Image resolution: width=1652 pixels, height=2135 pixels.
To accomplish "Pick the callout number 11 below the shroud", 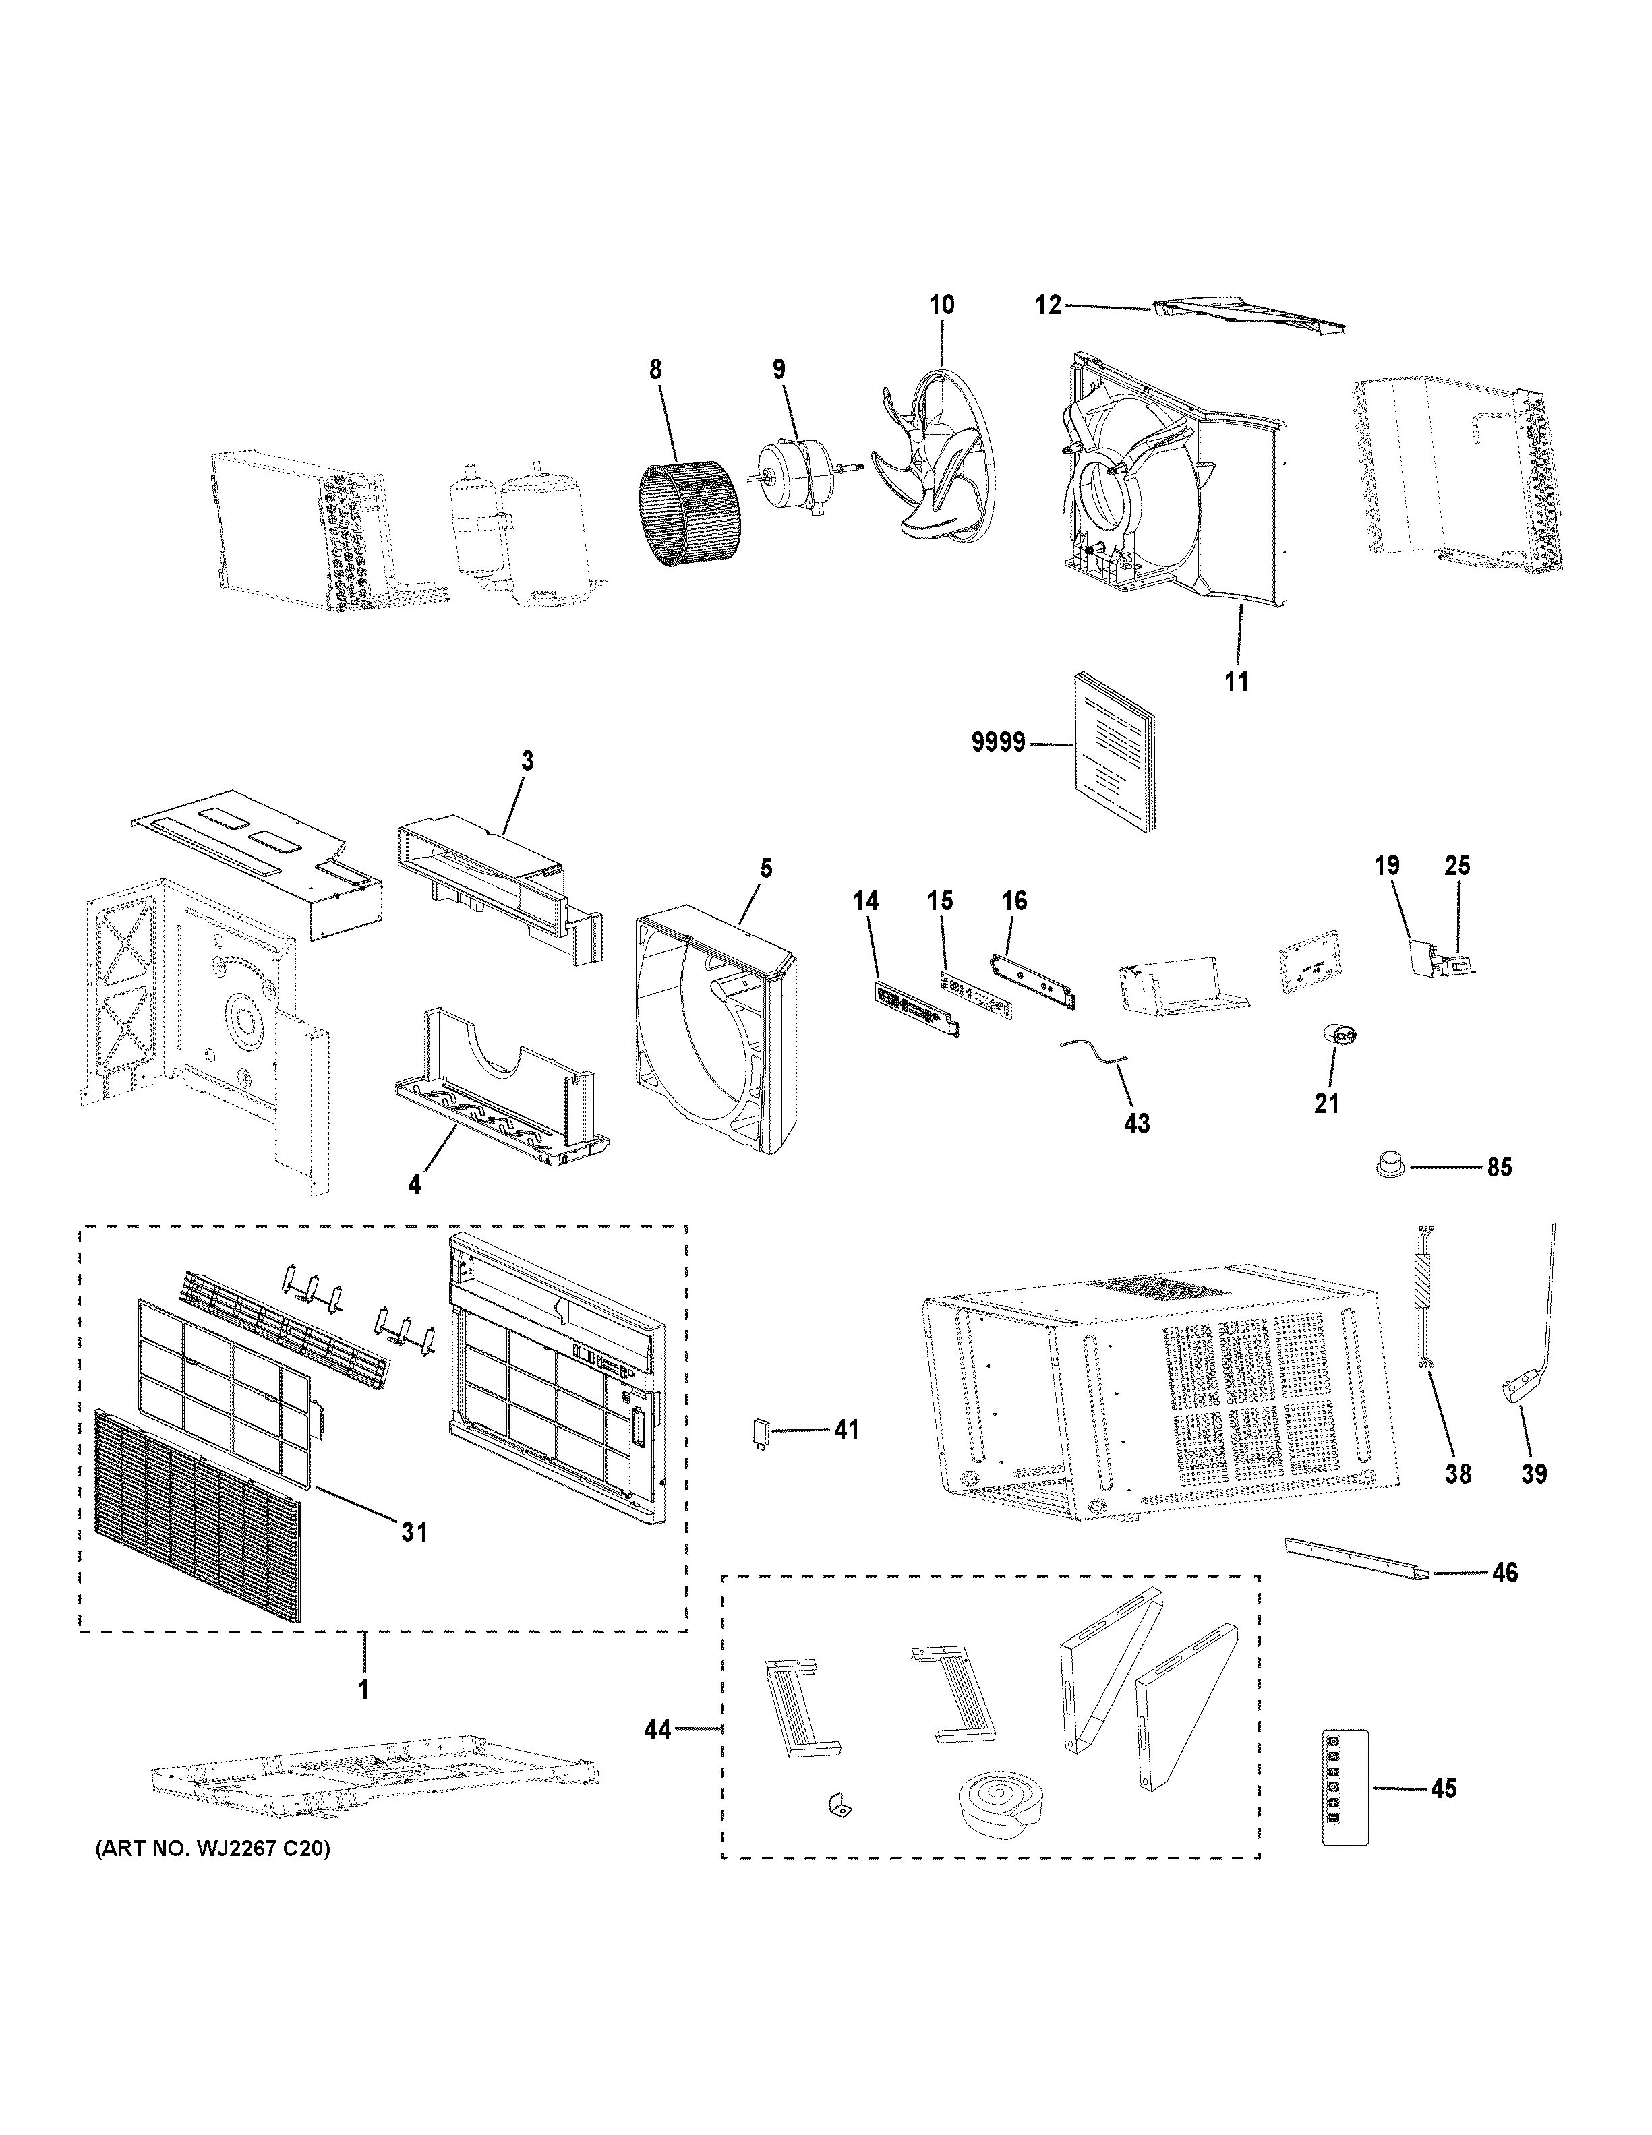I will click(x=1237, y=682).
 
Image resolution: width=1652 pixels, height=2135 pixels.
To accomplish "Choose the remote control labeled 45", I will click(x=1344, y=1788).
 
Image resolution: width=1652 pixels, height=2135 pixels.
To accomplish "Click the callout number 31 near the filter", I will click(x=415, y=1532).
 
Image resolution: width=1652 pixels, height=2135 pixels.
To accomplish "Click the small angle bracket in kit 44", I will click(x=837, y=1803).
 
